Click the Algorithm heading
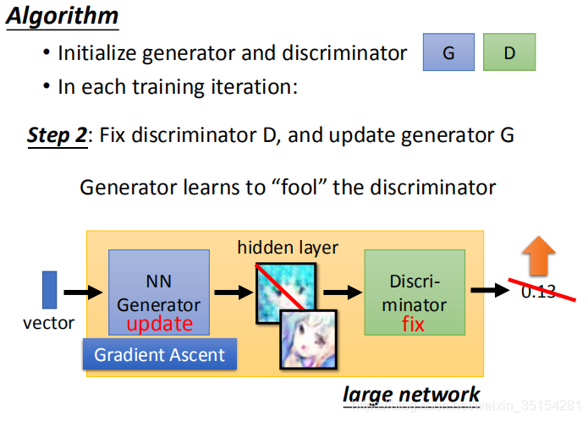[x=63, y=17]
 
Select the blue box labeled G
[x=448, y=52]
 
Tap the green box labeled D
[x=509, y=52]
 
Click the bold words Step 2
[x=57, y=135]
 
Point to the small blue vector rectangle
[x=50, y=289]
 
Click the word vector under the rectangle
[x=48, y=322]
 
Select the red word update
[x=160, y=324]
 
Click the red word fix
[x=414, y=325]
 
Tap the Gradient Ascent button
[x=160, y=354]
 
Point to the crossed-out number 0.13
[x=538, y=292]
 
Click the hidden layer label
[x=288, y=248]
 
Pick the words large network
[x=411, y=394]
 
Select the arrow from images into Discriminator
[x=342, y=292]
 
